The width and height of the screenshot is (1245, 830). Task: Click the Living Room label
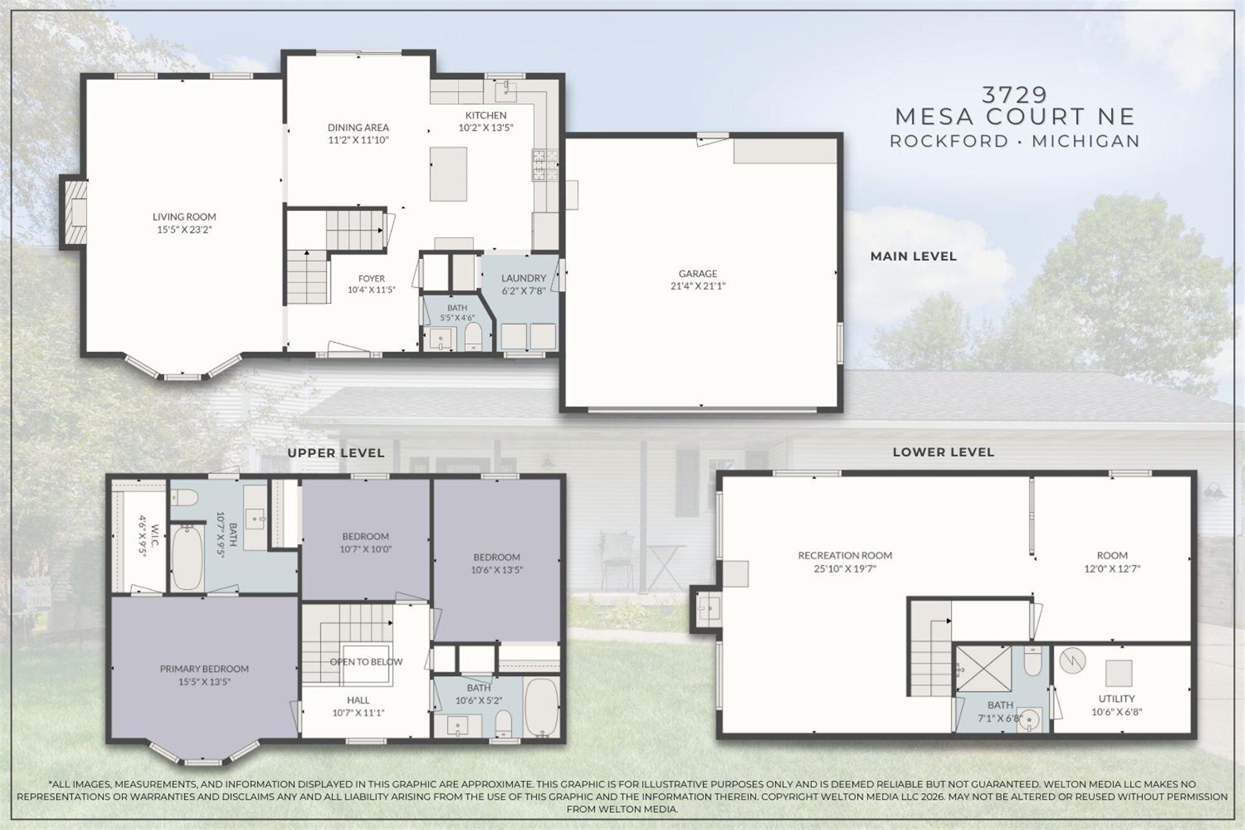[184, 217]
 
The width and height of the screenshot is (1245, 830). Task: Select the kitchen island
[448, 174]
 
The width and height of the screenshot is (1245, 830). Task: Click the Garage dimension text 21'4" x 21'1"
[698, 286]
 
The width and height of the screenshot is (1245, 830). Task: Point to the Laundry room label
[524, 278]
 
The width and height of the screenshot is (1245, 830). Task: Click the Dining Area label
[359, 128]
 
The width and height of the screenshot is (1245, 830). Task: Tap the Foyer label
[371, 278]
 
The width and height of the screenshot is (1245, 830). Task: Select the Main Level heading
[913, 256]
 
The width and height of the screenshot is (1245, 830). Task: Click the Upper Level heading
[336, 453]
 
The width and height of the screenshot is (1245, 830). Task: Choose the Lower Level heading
[943, 452]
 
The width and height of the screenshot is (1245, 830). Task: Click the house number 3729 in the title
[1015, 95]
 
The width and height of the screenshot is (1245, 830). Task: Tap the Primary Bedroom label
[204, 669]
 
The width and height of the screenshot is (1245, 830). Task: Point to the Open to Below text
[366, 661]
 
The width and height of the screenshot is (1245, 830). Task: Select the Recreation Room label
[845, 555]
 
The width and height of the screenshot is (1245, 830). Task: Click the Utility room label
[1116, 699]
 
